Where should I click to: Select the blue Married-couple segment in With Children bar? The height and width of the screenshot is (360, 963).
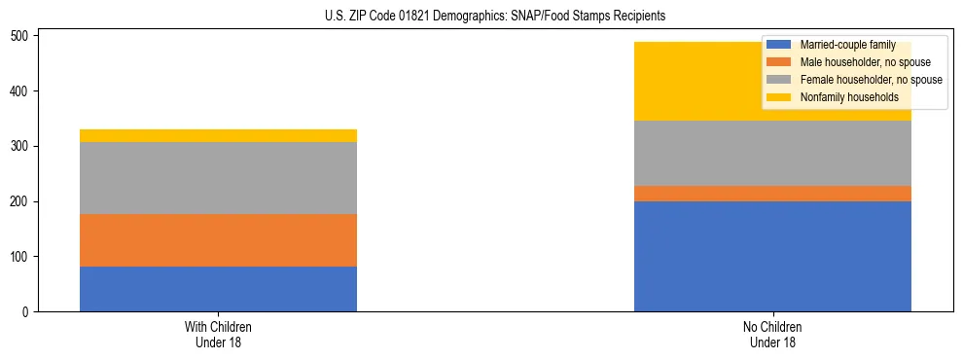(218, 289)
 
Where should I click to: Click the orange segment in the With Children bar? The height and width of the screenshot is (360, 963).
(218, 240)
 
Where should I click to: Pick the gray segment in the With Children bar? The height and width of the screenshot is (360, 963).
(218, 178)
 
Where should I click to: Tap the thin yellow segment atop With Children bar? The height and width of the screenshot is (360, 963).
(218, 135)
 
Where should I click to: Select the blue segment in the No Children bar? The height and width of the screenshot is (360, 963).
(772, 256)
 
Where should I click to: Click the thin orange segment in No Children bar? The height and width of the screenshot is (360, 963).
(772, 194)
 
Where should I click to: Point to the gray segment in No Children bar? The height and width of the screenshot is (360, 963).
(772, 153)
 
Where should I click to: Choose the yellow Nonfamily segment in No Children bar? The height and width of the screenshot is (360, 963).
(700, 82)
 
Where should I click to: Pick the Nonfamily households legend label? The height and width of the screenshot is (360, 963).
(849, 97)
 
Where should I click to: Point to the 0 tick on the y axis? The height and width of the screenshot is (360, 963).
(26, 312)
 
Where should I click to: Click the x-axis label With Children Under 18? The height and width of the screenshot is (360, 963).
(218, 334)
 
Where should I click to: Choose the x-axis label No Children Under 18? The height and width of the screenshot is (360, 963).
(772, 334)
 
